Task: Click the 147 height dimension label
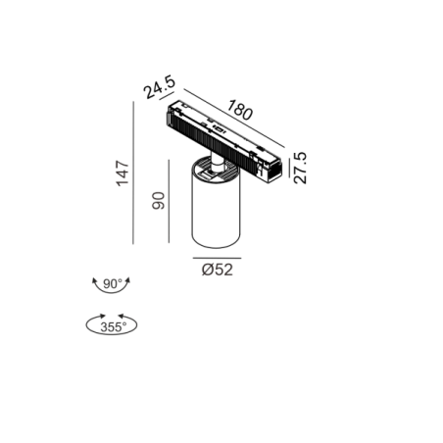[x=123, y=173]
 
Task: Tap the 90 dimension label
[x=159, y=201]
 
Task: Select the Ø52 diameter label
[x=218, y=270]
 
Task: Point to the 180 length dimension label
[x=240, y=110]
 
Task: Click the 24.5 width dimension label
[x=160, y=87]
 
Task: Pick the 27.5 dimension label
[x=300, y=168]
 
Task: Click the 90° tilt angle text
[x=113, y=284]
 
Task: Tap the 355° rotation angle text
[x=113, y=327]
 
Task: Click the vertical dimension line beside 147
[x=133, y=172]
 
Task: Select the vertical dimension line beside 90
[x=169, y=201]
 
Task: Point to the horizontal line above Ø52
[x=217, y=258]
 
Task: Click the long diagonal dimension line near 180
[x=234, y=118]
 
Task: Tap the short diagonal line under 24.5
[x=167, y=97]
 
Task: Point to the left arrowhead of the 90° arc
[x=94, y=280]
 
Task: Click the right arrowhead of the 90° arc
[x=128, y=280]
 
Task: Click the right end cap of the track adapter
[x=273, y=170]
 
